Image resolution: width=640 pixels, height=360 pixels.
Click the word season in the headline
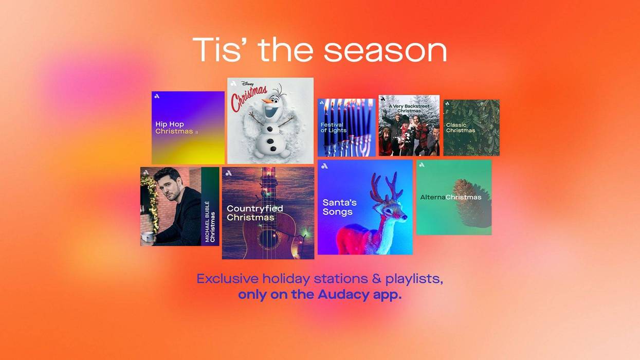pos(385,50)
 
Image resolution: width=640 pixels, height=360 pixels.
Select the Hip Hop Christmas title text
pos(174,128)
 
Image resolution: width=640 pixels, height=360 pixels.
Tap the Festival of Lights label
pos(333,128)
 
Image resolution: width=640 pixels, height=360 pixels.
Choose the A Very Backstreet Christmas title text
pos(409,108)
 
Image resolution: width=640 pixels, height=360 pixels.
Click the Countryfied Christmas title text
pos(254,213)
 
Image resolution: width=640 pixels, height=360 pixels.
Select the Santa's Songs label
pos(339,207)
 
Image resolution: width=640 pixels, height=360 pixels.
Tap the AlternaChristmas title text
pos(450,197)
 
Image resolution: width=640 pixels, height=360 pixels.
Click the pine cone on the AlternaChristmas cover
pos(472,202)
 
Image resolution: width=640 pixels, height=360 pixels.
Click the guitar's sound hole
pos(268,240)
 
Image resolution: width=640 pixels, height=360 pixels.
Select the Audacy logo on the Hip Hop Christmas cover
pos(157,96)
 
